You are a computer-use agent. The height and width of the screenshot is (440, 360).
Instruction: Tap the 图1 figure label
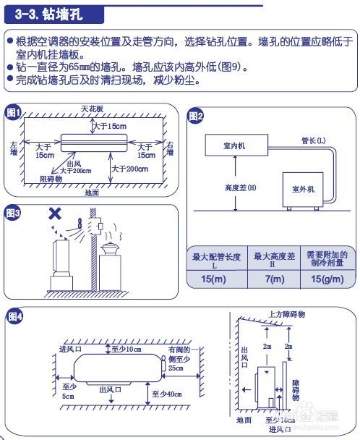(x=14, y=113)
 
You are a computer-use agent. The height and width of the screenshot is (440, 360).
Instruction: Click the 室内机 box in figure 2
(x=234, y=145)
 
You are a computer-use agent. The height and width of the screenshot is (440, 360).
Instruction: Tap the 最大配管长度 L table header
(x=215, y=259)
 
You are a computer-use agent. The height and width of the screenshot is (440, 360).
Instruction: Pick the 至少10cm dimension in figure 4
(x=127, y=350)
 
